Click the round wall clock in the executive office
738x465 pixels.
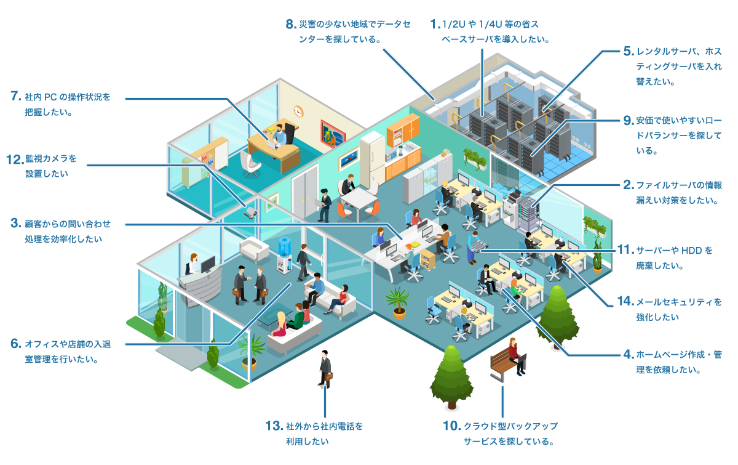click(x=298, y=111)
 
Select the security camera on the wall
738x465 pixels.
click(x=251, y=213)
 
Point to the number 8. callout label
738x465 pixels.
click(x=292, y=24)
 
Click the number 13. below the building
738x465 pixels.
click(x=274, y=426)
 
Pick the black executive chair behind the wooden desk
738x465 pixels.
click(x=289, y=133)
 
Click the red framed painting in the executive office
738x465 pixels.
click(x=333, y=134)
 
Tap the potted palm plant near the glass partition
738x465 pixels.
click(x=399, y=302)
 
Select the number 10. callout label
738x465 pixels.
click(x=451, y=426)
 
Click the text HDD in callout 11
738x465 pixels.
click(x=691, y=251)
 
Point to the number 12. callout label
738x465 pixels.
click(x=15, y=160)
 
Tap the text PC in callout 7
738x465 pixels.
click(x=50, y=97)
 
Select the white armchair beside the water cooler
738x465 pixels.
click(x=254, y=250)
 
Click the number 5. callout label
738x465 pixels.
click(x=629, y=52)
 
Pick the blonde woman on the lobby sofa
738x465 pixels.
click(x=280, y=325)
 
